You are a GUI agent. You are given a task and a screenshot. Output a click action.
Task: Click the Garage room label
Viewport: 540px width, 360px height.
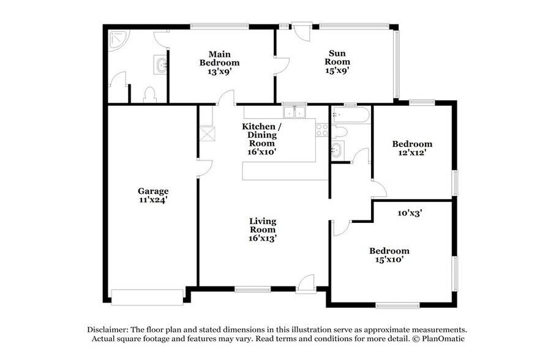[x=153, y=191]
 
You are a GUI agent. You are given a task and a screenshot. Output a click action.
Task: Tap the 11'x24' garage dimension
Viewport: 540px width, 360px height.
[x=153, y=200]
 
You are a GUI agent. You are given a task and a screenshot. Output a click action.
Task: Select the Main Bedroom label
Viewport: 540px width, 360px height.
[x=219, y=59]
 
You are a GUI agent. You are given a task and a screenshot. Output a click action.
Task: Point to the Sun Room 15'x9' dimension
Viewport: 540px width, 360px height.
[x=337, y=70]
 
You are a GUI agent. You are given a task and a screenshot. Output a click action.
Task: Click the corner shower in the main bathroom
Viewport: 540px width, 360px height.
[x=117, y=40]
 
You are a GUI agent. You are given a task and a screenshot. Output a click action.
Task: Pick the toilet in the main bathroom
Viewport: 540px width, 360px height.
[x=150, y=95]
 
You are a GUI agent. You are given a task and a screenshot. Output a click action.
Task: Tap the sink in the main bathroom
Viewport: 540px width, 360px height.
[x=162, y=64]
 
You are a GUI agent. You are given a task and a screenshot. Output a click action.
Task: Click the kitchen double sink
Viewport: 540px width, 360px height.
[x=294, y=112]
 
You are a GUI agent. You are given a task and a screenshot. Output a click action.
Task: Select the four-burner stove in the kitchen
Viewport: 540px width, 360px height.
[x=322, y=130]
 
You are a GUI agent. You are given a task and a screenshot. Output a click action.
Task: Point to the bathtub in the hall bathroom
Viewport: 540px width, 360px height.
[x=351, y=115]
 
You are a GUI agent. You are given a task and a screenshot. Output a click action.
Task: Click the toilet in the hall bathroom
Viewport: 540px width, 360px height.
[x=339, y=132]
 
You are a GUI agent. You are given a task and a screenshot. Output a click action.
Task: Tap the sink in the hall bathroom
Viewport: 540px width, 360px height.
[x=337, y=150]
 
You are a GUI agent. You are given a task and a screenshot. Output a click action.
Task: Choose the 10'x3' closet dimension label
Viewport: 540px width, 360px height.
[x=410, y=213]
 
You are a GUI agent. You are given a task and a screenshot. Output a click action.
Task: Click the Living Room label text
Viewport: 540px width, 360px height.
[x=263, y=225]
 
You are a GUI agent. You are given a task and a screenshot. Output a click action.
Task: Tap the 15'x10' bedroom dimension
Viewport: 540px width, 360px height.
[x=389, y=260]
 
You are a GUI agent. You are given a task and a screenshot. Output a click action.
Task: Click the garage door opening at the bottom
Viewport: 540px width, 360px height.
[x=147, y=298]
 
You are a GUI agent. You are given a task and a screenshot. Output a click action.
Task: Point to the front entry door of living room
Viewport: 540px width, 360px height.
[x=306, y=284]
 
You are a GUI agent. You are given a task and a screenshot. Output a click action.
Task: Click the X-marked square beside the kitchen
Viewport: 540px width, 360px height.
[x=208, y=133]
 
